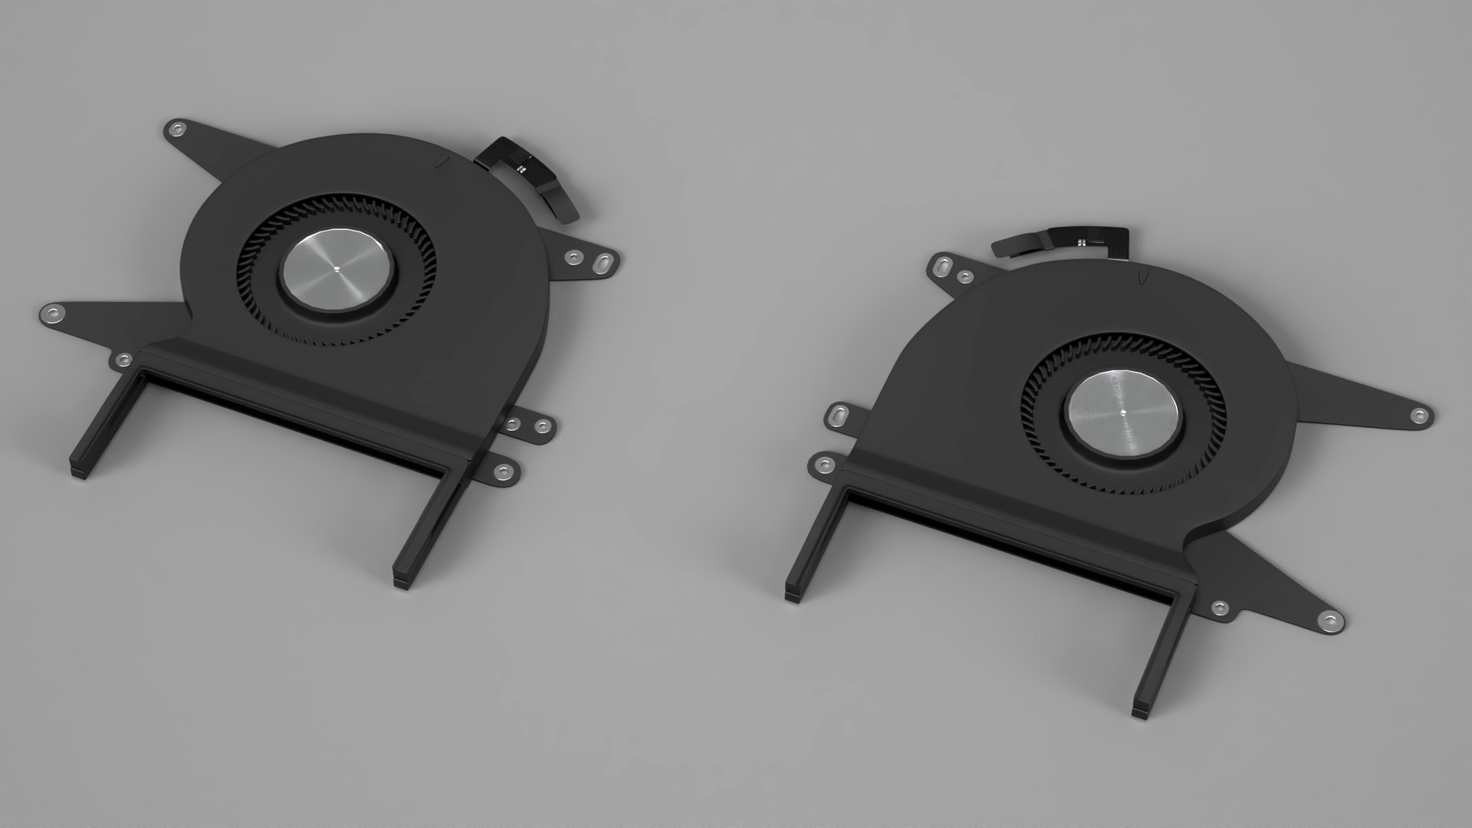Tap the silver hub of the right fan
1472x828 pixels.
pyautogui.click(x=1123, y=412)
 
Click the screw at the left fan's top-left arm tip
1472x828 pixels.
pyautogui.click(x=179, y=128)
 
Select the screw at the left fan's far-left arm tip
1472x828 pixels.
pyautogui.click(x=51, y=310)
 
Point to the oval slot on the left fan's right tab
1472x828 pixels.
pyautogui.click(x=599, y=263)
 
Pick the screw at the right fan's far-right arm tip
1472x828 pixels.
pyautogui.click(x=1418, y=415)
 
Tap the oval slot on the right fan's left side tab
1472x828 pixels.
pyautogui.click(x=839, y=416)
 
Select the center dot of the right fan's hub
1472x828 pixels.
pyautogui.click(x=1123, y=412)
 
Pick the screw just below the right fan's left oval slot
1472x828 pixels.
pyautogui.click(x=825, y=464)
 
